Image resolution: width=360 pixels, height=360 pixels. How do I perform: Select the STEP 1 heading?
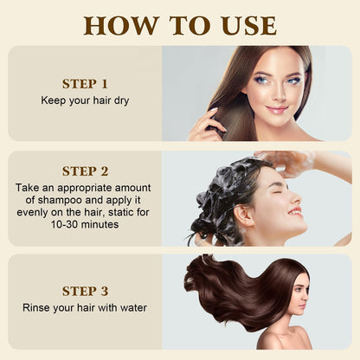click(x=85, y=84)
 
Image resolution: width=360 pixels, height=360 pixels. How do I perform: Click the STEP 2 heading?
click(x=85, y=170)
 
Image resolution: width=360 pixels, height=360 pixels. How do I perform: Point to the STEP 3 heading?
click(x=85, y=291)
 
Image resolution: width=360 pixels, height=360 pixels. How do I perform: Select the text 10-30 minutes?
click(x=85, y=224)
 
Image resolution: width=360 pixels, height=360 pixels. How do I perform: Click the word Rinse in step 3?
click(x=39, y=307)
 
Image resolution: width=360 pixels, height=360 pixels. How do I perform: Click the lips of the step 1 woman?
click(x=277, y=110)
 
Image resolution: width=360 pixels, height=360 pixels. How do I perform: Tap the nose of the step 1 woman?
click(x=278, y=95)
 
